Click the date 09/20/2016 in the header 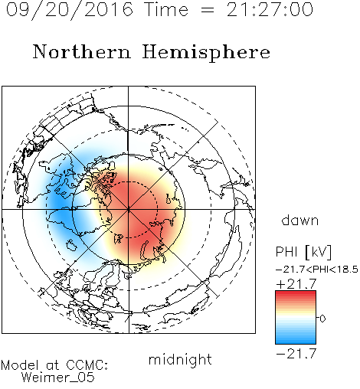point(70,10)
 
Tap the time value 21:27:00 point(270,10)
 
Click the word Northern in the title point(82,52)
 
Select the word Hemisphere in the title point(206,53)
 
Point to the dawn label point(300,220)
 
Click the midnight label point(180,360)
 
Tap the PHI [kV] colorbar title point(303,252)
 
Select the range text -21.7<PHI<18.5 point(317,270)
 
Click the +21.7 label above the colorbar point(296,284)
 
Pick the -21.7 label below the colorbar point(296,354)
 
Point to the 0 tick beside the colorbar point(322,319)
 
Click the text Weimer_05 point(58,378)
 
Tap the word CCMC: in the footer point(87,365)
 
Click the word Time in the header point(166,10)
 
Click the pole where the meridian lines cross point(129,209)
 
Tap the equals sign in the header point(207,10)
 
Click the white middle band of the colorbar point(296,318)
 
